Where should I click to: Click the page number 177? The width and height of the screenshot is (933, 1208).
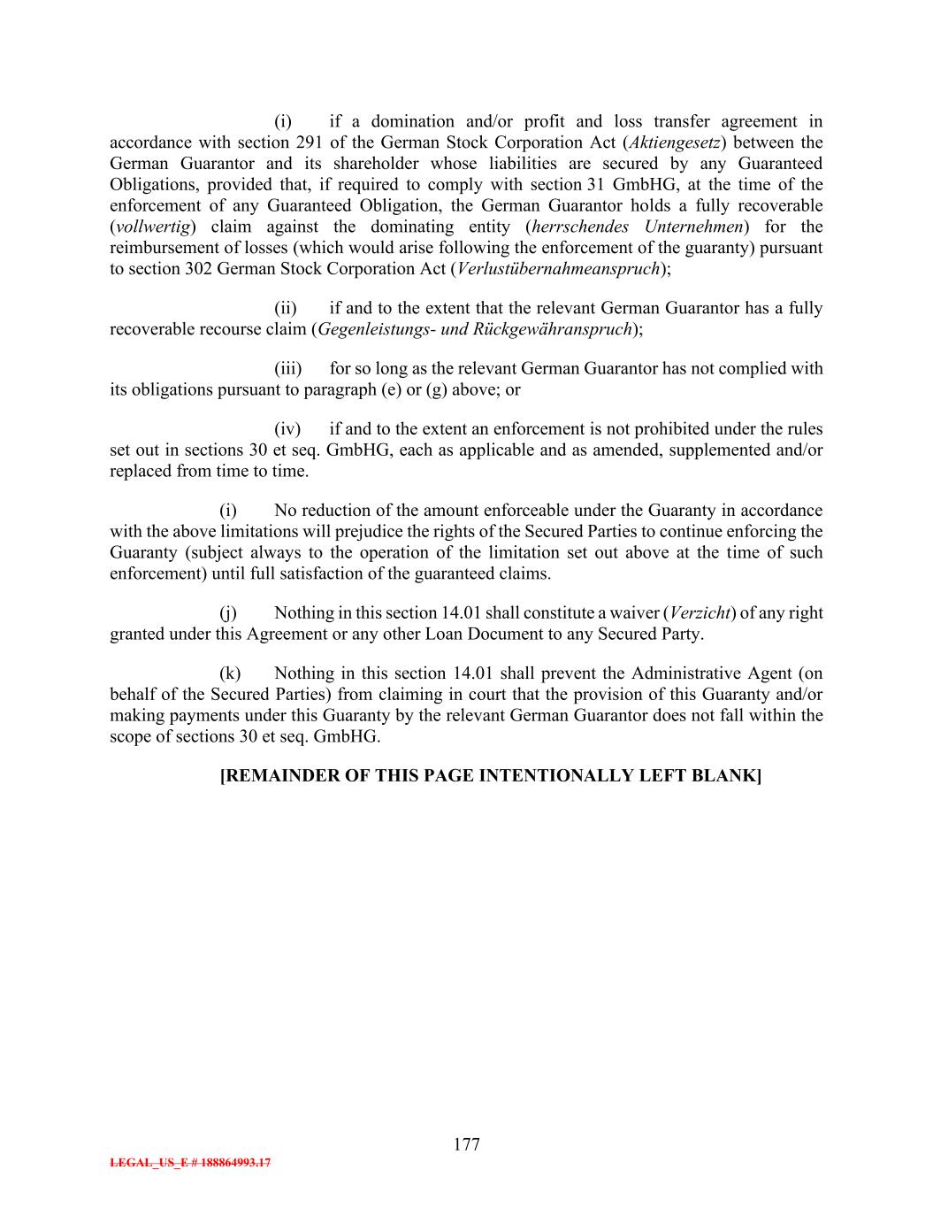(466, 1144)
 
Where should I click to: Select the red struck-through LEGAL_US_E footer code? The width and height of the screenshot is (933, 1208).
(190, 1163)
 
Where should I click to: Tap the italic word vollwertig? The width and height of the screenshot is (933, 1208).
(156, 227)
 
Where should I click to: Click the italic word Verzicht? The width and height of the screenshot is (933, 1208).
(700, 612)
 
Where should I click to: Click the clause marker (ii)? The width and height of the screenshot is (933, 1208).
(286, 308)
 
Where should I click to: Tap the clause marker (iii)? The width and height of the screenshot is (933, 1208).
(287, 368)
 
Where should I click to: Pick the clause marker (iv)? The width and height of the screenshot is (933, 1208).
(287, 429)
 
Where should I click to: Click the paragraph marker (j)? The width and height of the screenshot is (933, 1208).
(228, 612)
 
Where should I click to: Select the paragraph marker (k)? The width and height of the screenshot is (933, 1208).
(230, 673)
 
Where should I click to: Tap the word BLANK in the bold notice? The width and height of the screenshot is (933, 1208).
(728, 775)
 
